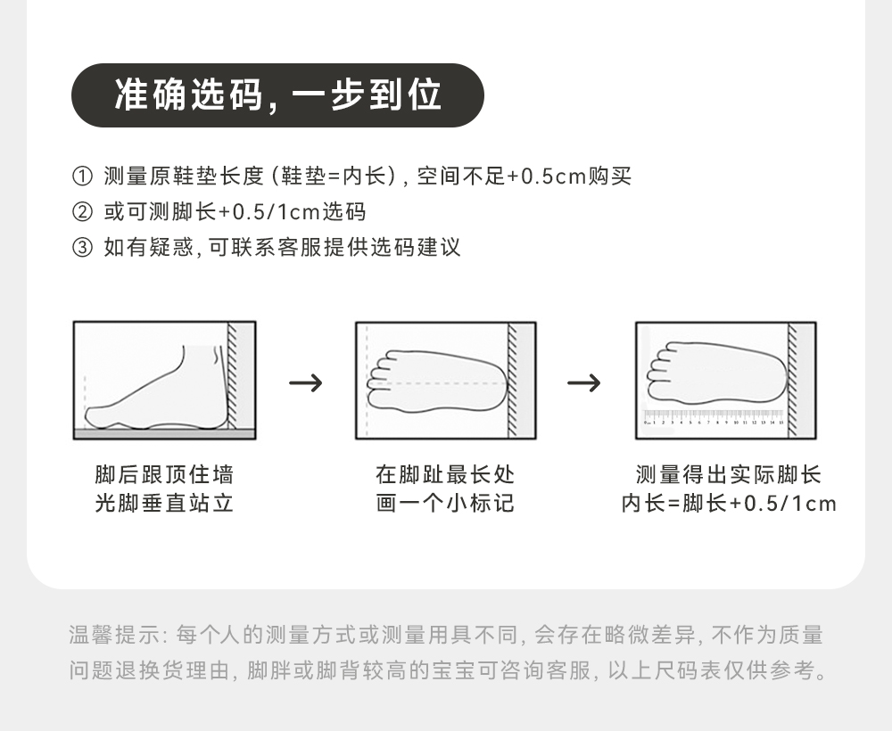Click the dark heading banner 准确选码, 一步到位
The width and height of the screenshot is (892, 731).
pyautogui.click(x=277, y=95)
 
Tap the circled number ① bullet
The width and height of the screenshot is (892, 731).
pyautogui.click(x=82, y=177)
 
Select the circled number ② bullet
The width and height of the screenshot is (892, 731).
pyautogui.click(x=82, y=212)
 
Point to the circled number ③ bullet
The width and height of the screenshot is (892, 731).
pyautogui.click(x=82, y=248)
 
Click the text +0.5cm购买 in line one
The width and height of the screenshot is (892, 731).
pyautogui.click(x=569, y=177)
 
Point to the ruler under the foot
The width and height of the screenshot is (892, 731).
pyautogui.click(x=713, y=416)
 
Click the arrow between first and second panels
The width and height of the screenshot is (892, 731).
pyautogui.click(x=306, y=383)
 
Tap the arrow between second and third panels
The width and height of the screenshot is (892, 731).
pyautogui.click(x=584, y=383)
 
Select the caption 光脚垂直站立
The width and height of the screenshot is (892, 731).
pyautogui.click(x=164, y=504)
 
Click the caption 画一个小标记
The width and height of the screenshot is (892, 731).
pyautogui.click(x=445, y=504)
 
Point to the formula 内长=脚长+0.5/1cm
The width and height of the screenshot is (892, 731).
pyautogui.click(x=729, y=504)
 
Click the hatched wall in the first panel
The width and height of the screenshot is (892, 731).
pyautogui.click(x=233, y=374)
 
